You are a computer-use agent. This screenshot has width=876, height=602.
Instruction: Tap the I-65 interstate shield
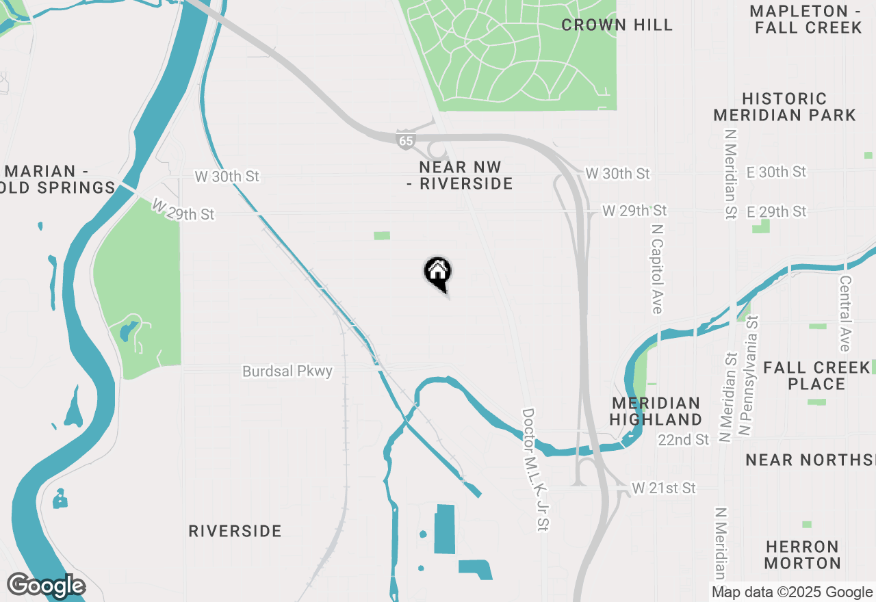405,140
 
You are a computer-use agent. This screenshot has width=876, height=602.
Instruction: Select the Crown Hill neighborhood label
617,25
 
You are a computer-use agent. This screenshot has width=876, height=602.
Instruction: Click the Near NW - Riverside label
465,176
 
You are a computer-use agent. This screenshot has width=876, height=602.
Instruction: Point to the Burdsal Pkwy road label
287,371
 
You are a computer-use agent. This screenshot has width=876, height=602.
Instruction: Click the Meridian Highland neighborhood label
656,411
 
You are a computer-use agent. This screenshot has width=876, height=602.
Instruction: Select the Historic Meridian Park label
784,107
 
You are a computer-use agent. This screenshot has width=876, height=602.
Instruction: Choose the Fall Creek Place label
816,376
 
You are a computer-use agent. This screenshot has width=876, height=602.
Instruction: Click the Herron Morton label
802,555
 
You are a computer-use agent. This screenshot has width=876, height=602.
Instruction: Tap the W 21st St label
663,488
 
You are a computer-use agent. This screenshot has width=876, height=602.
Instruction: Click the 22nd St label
684,440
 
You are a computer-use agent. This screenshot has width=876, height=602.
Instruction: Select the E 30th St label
776,172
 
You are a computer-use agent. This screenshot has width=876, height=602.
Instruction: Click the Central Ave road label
845,304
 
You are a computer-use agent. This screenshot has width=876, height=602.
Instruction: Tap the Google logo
46,586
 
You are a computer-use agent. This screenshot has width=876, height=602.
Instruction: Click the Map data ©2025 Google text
792,592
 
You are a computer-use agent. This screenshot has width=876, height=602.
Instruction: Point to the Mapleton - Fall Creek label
806,19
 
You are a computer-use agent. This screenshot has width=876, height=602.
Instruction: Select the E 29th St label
776,211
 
